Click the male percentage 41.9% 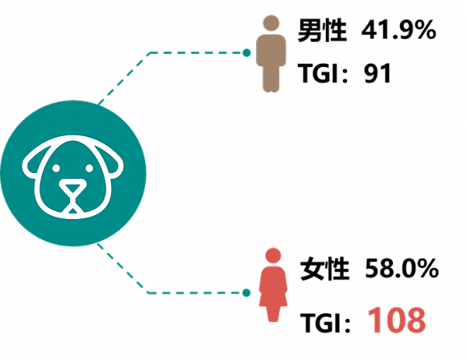(x=399, y=30)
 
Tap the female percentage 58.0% (x=402, y=269)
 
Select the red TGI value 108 (x=397, y=321)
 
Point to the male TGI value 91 (x=378, y=73)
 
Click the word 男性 (x=322, y=30)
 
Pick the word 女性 (x=324, y=269)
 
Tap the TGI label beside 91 (x=318, y=73)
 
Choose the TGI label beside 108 (x=320, y=322)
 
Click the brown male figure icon (x=271, y=54)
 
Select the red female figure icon (x=273, y=285)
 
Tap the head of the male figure (x=271, y=23)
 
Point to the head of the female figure (x=273, y=255)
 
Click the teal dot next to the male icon (x=246, y=52)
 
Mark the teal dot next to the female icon (x=246, y=293)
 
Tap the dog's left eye (x=56, y=168)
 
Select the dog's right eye (x=89, y=168)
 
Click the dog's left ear (x=32, y=161)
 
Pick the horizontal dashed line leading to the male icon (x=196, y=52)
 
